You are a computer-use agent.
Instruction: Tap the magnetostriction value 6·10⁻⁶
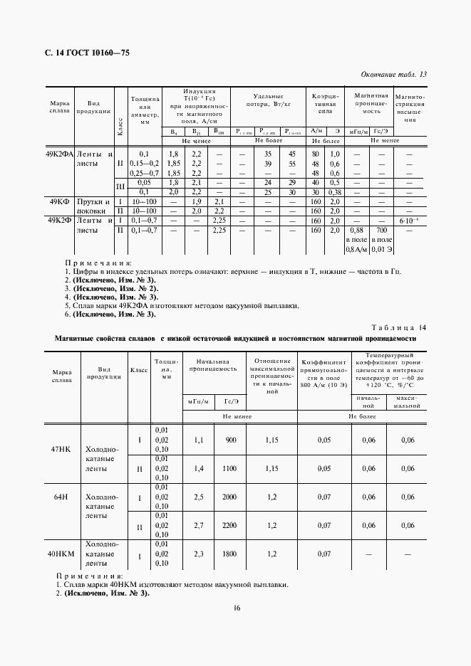(409, 221)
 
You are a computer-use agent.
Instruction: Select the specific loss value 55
(292, 164)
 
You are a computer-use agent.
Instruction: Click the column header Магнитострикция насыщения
(409, 108)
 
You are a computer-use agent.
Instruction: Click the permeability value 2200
(229, 525)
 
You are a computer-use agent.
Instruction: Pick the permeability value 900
(230, 440)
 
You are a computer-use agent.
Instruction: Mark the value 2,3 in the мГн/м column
(199, 553)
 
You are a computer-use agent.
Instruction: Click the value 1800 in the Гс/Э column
(229, 553)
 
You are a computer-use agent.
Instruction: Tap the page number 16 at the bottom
(236, 607)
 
